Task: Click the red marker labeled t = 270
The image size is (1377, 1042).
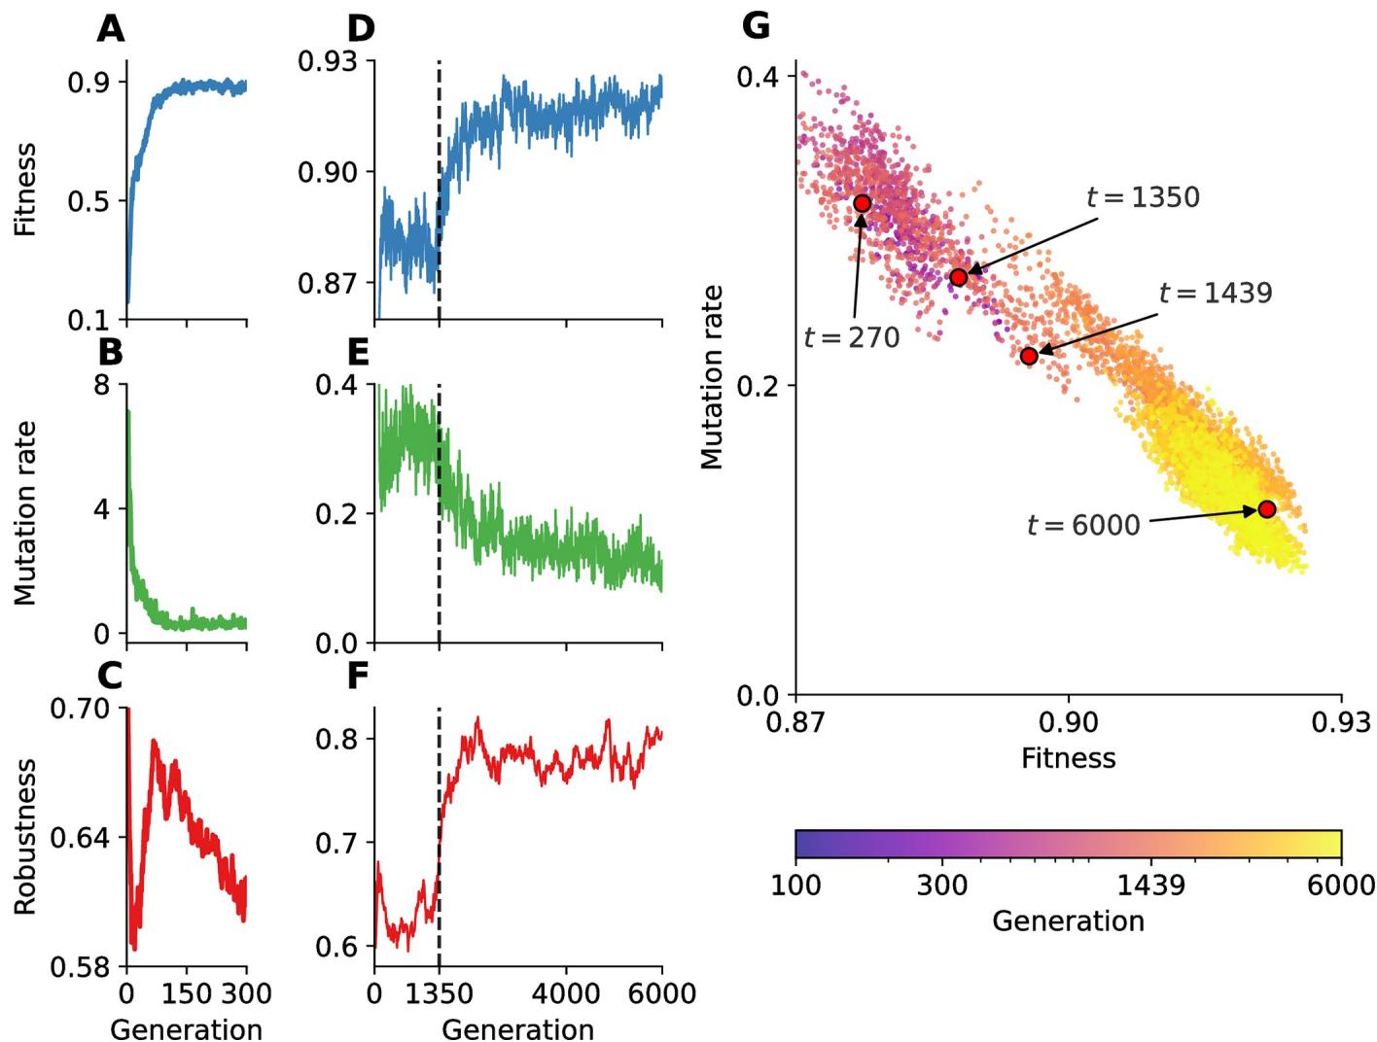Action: click(x=862, y=203)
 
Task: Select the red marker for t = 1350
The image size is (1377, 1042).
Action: click(x=959, y=277)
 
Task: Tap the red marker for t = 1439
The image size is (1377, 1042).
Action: click(x=1029, y=356)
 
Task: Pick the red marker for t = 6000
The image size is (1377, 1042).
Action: click(x=1266, y=509)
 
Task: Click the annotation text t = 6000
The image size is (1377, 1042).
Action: click(x=1083, y=526)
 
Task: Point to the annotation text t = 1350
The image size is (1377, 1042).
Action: click(x=1143, y=197)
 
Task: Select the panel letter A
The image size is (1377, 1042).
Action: click(x=111, y=29)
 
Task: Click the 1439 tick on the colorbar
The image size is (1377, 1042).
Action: click(x=1151, y=885)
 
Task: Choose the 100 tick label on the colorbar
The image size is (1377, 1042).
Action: click(x=795, y=885)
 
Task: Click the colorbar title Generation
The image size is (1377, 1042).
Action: click(x=1068, y=920)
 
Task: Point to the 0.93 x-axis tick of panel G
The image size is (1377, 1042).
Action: click(x=1341, y=722)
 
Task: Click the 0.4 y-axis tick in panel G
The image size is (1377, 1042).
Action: click(x=758, y=76)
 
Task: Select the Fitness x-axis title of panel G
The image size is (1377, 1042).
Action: click(x=1068, y=757)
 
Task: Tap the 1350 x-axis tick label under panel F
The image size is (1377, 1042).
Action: click(x=440, y=993)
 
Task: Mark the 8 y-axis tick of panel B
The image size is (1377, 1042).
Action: click(x=103, y=385)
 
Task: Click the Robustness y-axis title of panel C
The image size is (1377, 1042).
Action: click(x=25, y=837)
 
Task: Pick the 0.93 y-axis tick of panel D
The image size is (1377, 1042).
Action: click(x=327, y=62)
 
